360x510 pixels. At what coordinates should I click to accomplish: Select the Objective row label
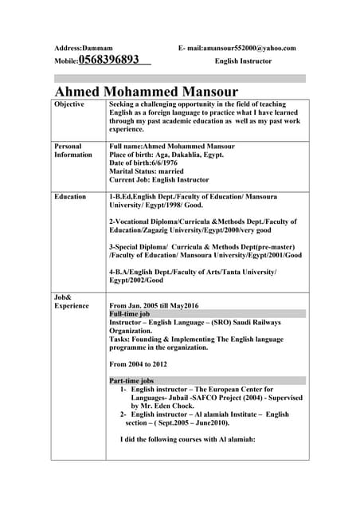point(68,105)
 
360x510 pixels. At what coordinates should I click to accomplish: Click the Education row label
point(71,196)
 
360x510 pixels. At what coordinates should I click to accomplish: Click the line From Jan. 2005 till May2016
point(165,305)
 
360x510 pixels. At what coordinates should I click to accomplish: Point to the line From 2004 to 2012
point(138,363)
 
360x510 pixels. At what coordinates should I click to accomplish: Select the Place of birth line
point(166,155)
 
